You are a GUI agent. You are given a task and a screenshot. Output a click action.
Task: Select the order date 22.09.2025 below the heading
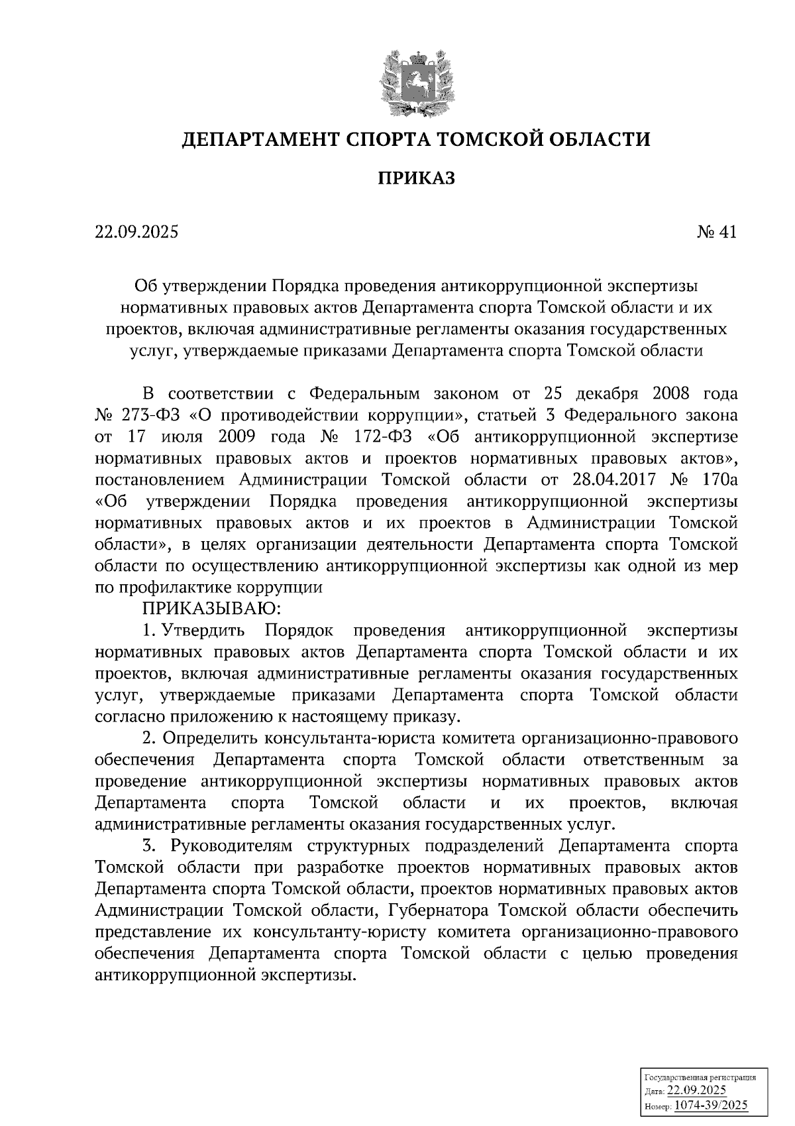136,232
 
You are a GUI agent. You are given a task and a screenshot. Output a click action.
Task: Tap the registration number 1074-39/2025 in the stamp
710,1105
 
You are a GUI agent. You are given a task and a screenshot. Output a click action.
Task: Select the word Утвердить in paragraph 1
203,630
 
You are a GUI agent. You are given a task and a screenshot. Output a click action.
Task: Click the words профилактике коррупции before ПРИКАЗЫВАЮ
220,587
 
